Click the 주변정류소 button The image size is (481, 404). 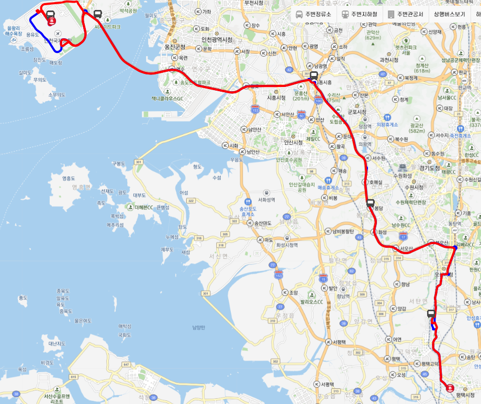pyautogui.click(x=314, y=14)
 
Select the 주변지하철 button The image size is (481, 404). pyautogui.click(x=360, y=14)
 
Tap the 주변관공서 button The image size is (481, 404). pyautogui.click(x=406, y=14)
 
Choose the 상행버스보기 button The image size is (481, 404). pyautogui.click(x=449, y=14)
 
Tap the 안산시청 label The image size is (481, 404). pyautogui.click(x=294, y=142)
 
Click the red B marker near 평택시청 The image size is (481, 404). pyautogui.click(x=450, y=388)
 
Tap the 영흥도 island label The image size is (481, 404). pyautogui.click(x=69, y=178)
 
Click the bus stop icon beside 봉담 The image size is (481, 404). pyautogui.click(x=370, y=203)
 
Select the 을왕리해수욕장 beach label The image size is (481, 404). pyautogui.click(x=13, y=30)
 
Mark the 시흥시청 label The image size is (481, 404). pyautogui.click(x=276, y=98)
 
